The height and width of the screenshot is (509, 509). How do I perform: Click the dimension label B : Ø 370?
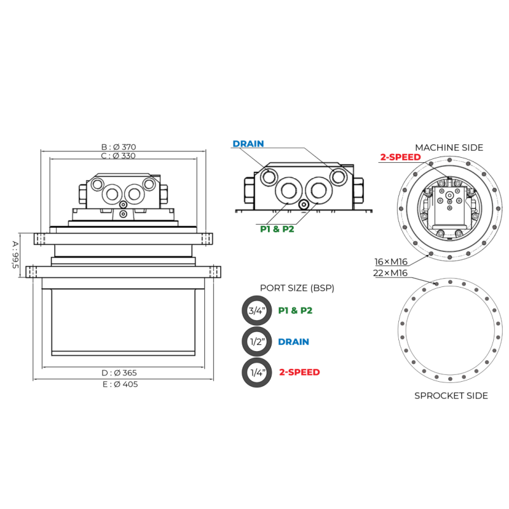point(118,147)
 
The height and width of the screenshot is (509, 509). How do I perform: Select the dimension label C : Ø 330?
point(118,156)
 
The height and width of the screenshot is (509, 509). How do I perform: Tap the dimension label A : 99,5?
point(15,255)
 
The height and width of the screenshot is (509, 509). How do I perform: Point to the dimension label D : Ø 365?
point(119,373)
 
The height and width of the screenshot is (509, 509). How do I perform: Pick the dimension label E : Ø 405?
point(120,384)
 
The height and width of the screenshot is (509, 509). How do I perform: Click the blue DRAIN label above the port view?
point(248,144)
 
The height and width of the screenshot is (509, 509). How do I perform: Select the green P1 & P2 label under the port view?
point(277,229)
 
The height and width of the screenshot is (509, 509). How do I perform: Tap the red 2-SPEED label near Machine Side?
point(401,157)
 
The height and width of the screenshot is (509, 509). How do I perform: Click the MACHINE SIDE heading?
point(449,148)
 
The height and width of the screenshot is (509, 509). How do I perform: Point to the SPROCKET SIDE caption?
point(451,396)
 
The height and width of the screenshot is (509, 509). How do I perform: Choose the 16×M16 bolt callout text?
point(391,261)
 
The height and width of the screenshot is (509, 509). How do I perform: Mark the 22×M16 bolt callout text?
point(390,273)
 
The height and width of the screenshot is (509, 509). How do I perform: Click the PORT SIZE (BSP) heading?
point(297,288)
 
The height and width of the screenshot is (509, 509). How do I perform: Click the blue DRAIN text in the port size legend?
point(293,342)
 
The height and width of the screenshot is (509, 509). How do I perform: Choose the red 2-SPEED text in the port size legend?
point(299,372)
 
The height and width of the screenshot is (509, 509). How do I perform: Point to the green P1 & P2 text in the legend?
point(295,310)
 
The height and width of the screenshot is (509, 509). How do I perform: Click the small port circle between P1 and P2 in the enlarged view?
point(303,205)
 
